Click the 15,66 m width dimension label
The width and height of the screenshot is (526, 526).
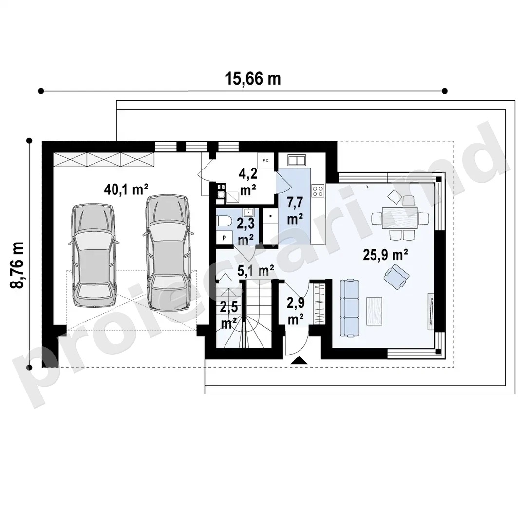click(x=253, y=79)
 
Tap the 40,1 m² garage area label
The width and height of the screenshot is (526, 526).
click(x=126, y=189)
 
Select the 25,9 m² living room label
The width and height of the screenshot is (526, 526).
click(x=385, y=255)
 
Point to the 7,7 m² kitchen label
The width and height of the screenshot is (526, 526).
click(x=295, y=211)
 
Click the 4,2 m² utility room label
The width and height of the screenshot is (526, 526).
click(x=248, y=182)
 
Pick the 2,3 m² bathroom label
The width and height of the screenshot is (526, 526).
click(x=246, y=231)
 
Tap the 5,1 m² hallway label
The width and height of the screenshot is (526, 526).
click(x=255, y=270)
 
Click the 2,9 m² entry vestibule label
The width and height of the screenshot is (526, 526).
click(x=296, y=311)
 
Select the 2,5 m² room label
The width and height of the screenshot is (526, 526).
click(x=229, y=315)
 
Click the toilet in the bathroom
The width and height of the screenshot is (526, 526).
click(x=224, y=222)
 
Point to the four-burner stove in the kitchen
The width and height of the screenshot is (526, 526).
click(x=318, y=191)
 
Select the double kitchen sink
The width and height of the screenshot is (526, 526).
click(x=297, y=160)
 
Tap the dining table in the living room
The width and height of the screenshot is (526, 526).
click(x=400, y=218)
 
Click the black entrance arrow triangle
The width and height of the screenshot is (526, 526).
click(x=299, y=360)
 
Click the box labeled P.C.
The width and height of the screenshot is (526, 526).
click(x=266, y=161)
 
